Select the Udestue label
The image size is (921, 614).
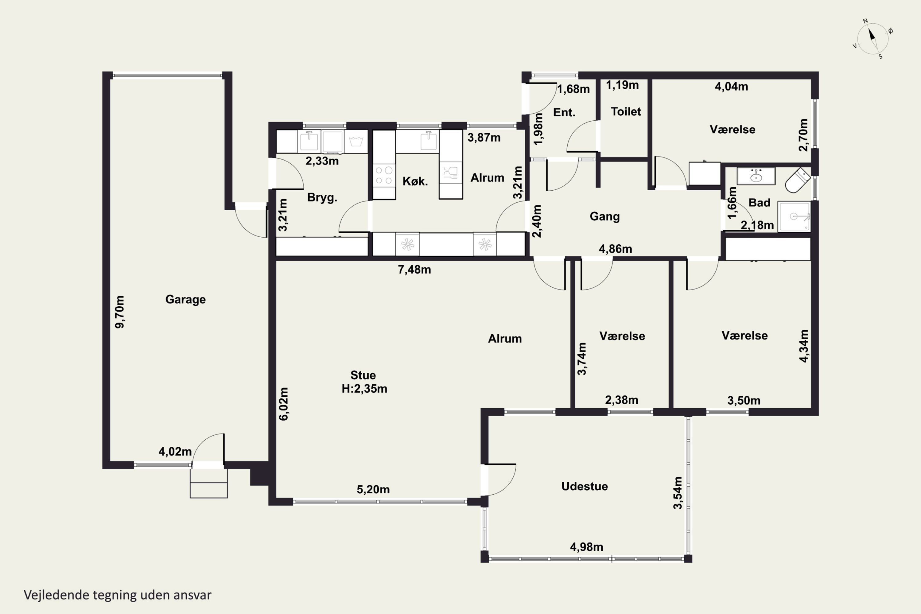pyautogui.click(x=585, y=486)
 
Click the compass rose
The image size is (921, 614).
pyautogui.click(x=873, y=38)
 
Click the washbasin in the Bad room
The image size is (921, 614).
pyautogui.click(x=756, y=176)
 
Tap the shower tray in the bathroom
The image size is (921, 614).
pyautogui.click(x=794, y=216)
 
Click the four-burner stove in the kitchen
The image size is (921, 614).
pyautogui.click(x=384, y=175)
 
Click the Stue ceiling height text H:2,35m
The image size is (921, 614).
pyautogui.click(x=364, y=389)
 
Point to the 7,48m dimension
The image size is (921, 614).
pyautogui.click(x=414, y=270)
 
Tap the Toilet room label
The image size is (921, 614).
pyautogui.click(x=626, y=112)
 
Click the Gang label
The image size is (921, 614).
pyautogui.click(x=604, y=216)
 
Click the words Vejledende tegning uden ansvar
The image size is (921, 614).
pyautogui.click(x=118, y=595)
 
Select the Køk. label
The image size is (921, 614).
pyautogui.click(x=415, y=181)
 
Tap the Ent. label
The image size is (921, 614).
pyautogui.click(x=564, y=113)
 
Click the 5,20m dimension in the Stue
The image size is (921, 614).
pyautogui.click(x=373, y=489)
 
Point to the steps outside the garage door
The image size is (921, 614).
pyautogui.click(x=209, y=484)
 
